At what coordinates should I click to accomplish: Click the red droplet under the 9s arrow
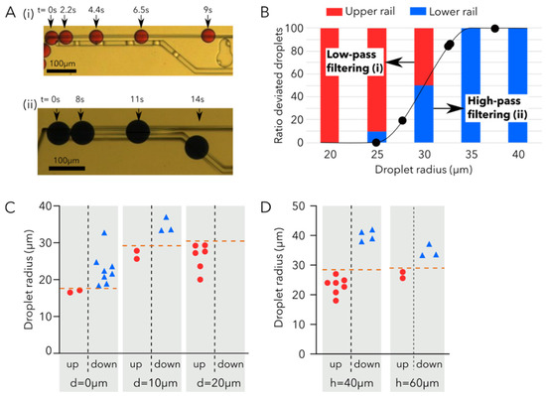(208, 38)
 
